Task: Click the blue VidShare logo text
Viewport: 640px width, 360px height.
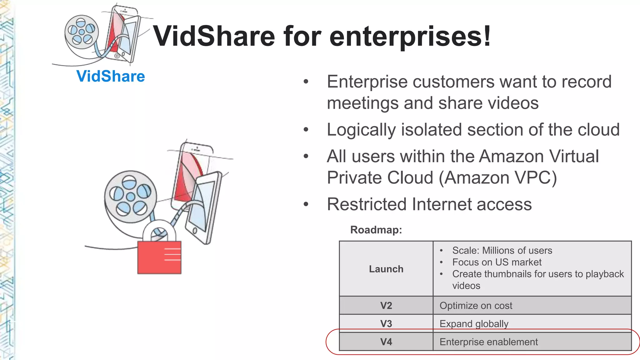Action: pyautogui.click(x=111, y=76)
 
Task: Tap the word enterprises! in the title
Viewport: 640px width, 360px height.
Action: pyautogui.click(x=410, y=37)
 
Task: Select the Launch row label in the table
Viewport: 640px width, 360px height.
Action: pyautogui.click(x=386, y=269)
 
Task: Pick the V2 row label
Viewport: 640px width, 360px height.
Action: pyautogui.click(x=386, y=305)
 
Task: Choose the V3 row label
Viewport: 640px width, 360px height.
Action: pyautogui.click(x=386, y=323)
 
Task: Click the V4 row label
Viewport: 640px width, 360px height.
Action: pyautogui.click(x=386, y=342)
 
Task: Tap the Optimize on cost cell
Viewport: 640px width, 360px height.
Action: pyautogui.click(x=476, y=305)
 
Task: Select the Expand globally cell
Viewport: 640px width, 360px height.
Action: pyautogui.click(x=474, y=323)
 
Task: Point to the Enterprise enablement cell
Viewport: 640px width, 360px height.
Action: pyautogui.click(x=488, y=342)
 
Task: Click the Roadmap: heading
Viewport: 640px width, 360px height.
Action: pyautogui.click(x=376, y=230)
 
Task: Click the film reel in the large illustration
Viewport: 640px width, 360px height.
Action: pyautogui.click(x=131, y=197)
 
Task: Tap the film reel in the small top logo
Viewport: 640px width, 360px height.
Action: pyautogui.click(x=82, y=32)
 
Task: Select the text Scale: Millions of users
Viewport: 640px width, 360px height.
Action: pyautogui.click(x=502, y=250)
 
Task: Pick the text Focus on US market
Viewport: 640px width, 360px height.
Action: pyautogui.click(x=497, y=262)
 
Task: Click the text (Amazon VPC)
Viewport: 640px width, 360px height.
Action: pyautogui.click(x=498, y=178)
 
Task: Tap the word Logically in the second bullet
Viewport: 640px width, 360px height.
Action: pyautogui.click(x=361, y=130)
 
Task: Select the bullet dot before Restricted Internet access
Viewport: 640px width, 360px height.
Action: pyautogui.click(x=306, y=204)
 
